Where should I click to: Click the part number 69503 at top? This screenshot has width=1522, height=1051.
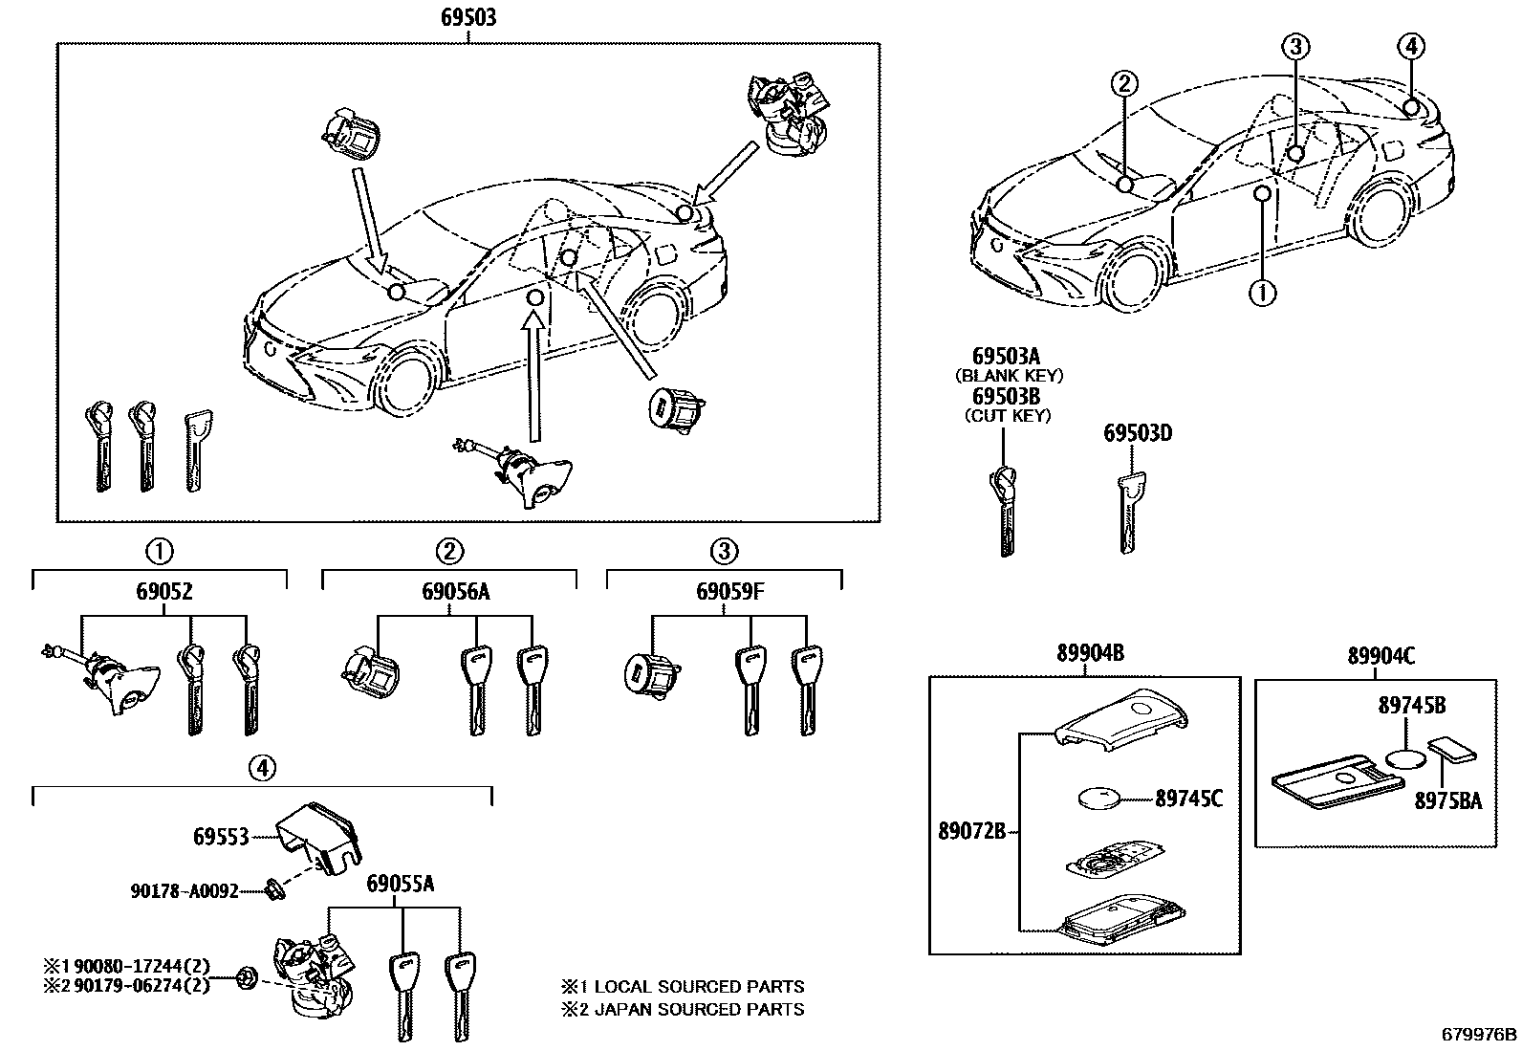[468, 18]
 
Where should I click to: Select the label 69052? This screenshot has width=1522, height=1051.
[161, 593]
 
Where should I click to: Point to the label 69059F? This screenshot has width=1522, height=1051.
[729, 593]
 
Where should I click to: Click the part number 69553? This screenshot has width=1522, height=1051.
[221, 837]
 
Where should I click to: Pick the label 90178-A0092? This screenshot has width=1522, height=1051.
[185, 891]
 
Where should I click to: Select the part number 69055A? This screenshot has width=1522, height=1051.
[400, 885]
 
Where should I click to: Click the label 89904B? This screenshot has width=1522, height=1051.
[1090, 654]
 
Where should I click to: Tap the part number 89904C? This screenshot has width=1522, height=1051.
[1381, 656]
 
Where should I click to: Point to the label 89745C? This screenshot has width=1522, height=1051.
[1189, 798]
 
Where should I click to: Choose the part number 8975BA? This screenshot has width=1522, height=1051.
[1448, 801]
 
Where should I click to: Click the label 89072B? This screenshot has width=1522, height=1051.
[971, 832]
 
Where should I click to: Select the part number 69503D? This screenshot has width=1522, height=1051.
[1138, 433]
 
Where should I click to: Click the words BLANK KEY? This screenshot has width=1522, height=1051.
[1009, 376]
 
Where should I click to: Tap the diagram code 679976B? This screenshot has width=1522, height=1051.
[1479, 1035]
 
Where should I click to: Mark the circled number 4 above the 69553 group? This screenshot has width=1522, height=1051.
[263, 766]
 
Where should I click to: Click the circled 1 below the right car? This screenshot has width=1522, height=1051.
[1263, 292]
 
